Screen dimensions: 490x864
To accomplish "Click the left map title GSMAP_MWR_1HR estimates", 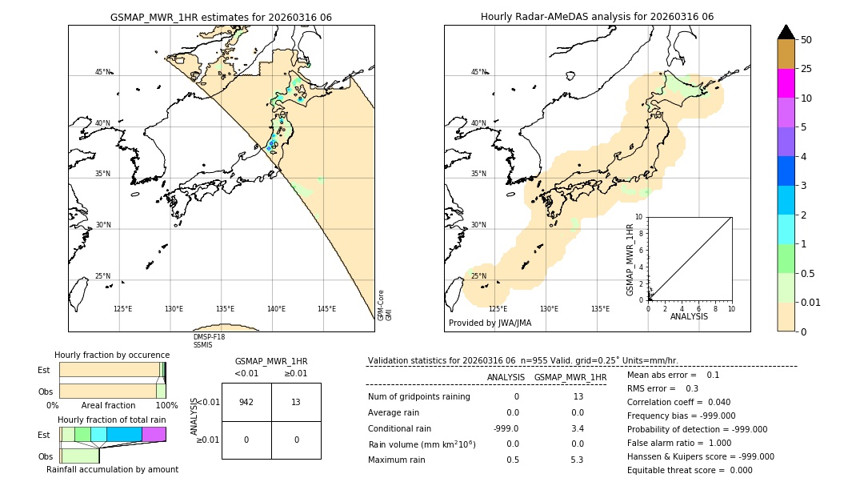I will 221,17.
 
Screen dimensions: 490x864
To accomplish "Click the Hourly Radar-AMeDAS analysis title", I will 597,17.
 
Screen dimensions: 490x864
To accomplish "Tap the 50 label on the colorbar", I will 806,40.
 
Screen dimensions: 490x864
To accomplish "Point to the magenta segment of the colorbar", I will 786,83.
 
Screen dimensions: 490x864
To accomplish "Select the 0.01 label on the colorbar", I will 811,302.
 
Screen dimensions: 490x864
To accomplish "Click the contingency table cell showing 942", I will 246,402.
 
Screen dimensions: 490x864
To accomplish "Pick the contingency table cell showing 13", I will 295,402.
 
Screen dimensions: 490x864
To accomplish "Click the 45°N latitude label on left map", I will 102,72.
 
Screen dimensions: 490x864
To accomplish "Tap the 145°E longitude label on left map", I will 326,309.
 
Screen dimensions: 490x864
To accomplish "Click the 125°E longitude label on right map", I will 498,309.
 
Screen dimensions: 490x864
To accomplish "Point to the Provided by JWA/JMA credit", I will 490,323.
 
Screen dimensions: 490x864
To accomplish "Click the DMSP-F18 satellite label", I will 209,337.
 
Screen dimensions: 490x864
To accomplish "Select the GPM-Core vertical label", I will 381,305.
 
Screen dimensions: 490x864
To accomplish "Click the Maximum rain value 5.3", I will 576,460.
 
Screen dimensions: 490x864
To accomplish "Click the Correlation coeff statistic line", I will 679,403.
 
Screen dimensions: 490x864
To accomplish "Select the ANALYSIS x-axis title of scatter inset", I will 689,316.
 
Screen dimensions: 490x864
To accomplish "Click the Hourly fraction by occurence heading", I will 112,355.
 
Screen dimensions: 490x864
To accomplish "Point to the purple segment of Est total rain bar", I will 154,434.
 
